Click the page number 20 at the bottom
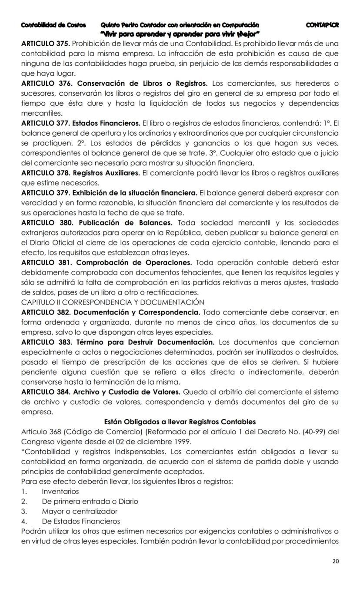[335, 561]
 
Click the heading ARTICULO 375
[46, 44]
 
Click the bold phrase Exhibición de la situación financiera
[135, 193]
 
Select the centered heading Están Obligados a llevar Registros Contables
[180, 422]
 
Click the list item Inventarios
[60, 491]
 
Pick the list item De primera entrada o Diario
[90, 501]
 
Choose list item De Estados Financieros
[81, 521]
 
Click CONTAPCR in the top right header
[322, 25]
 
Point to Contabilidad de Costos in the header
[53, 25]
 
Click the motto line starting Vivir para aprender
[180, 34]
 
